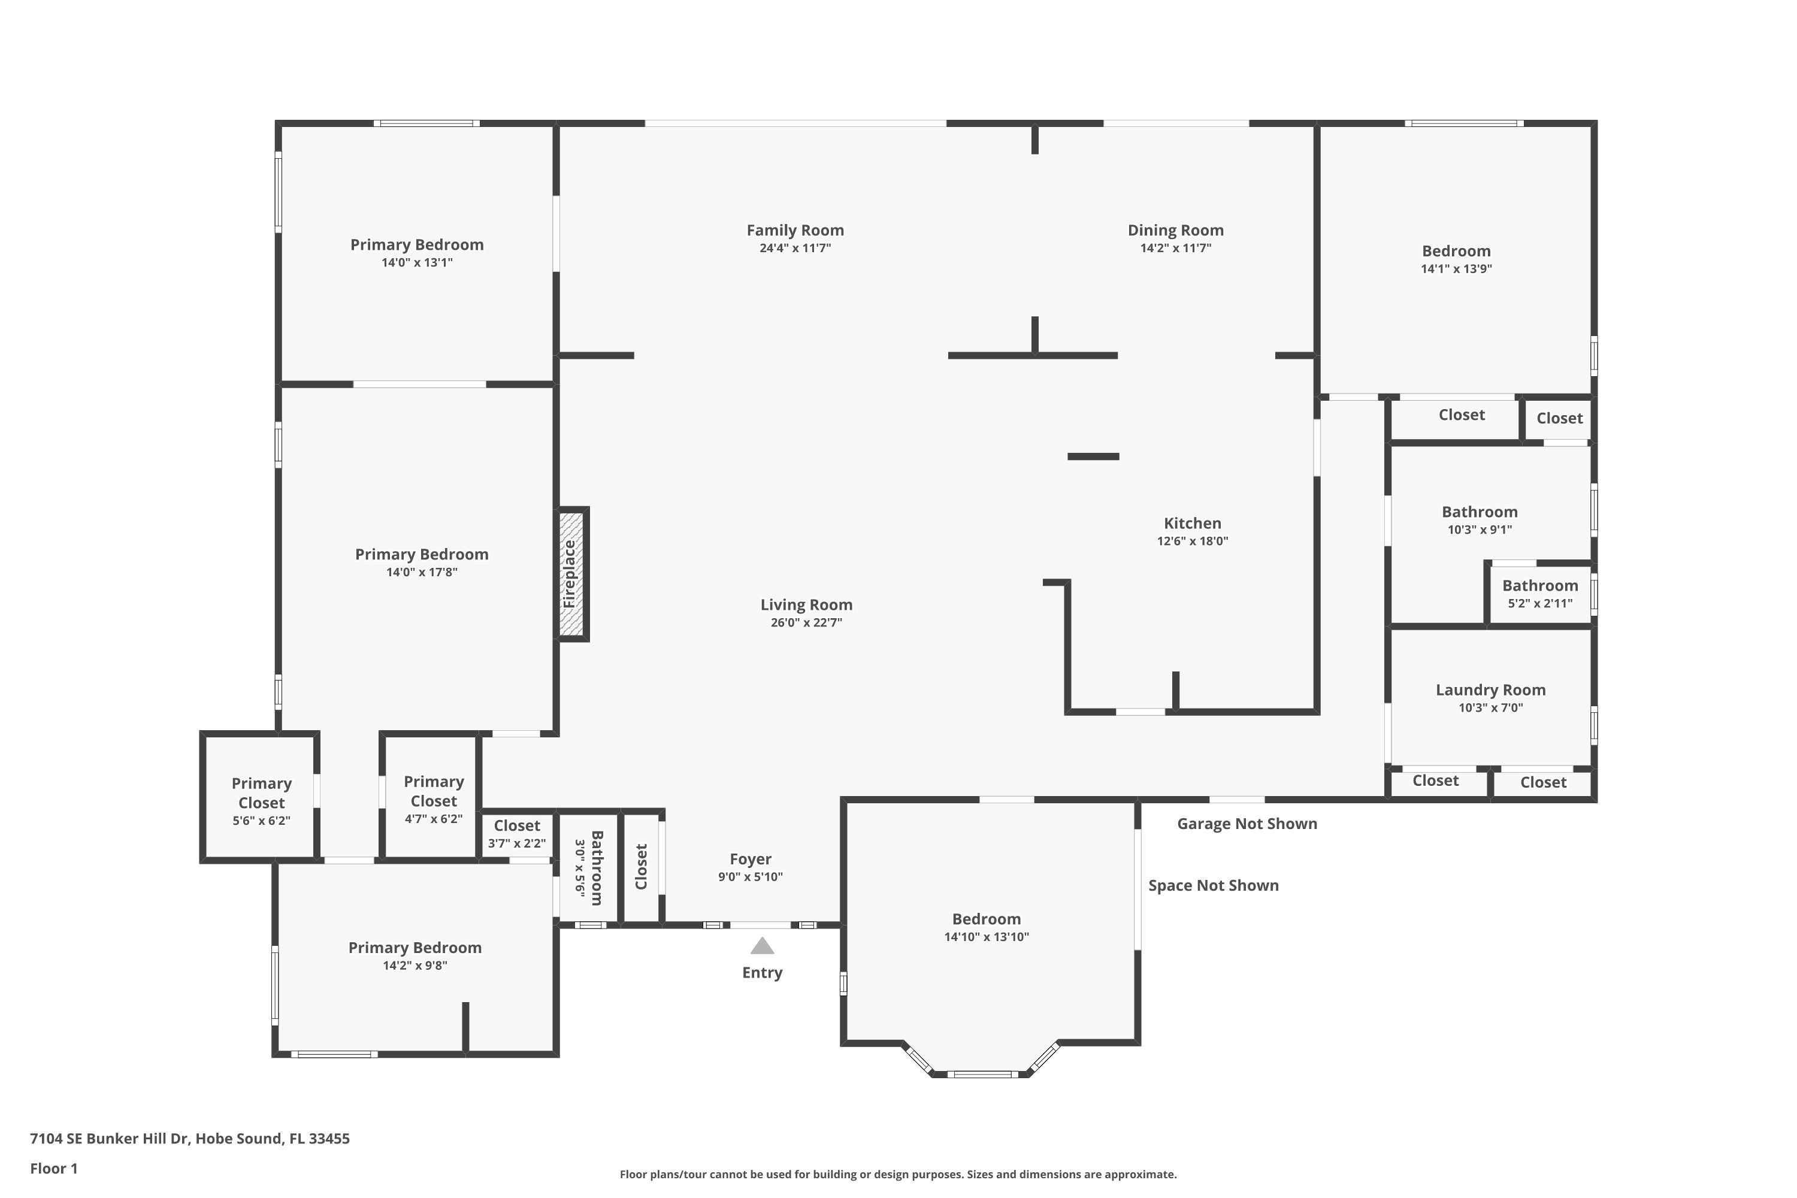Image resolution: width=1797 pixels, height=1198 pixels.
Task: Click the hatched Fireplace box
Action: click(571, 574)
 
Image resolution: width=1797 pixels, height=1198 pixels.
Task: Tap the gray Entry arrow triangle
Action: click(762, 946)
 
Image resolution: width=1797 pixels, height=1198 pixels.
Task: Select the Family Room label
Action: click(795, 230)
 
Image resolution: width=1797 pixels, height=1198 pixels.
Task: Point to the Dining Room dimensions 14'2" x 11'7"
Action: click(1176, 247)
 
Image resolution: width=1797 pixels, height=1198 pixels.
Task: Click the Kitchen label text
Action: click(1193, 524)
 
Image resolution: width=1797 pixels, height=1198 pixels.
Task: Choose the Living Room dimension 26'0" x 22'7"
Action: click(806, 623)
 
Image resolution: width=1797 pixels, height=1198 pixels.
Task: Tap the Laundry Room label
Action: click(1491, 690)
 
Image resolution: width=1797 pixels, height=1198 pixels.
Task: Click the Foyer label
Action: click(751, 860)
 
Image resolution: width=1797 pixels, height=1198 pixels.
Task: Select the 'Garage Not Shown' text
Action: click(1247, 824)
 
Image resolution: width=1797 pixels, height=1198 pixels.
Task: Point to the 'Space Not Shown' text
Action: click(1214, 885)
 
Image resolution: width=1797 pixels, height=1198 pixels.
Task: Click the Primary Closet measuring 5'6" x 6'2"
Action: click(261, 801)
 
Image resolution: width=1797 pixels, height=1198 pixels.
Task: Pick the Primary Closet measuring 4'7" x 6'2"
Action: click(433, 799)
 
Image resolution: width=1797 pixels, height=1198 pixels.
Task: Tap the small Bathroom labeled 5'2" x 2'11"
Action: click(1540, 594)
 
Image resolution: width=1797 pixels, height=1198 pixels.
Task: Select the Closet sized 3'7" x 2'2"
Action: click(518, 834)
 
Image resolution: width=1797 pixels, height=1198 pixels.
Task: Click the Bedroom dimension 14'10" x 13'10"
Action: click(987, 937)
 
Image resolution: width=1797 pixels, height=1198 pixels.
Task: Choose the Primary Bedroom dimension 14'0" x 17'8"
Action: click(422, 572)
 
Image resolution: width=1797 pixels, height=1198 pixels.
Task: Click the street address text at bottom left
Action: click(189, 1139)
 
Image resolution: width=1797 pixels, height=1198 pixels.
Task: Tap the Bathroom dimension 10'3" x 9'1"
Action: click(1480, 530)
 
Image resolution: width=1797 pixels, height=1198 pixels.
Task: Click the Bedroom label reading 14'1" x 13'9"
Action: click(1456, 260)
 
